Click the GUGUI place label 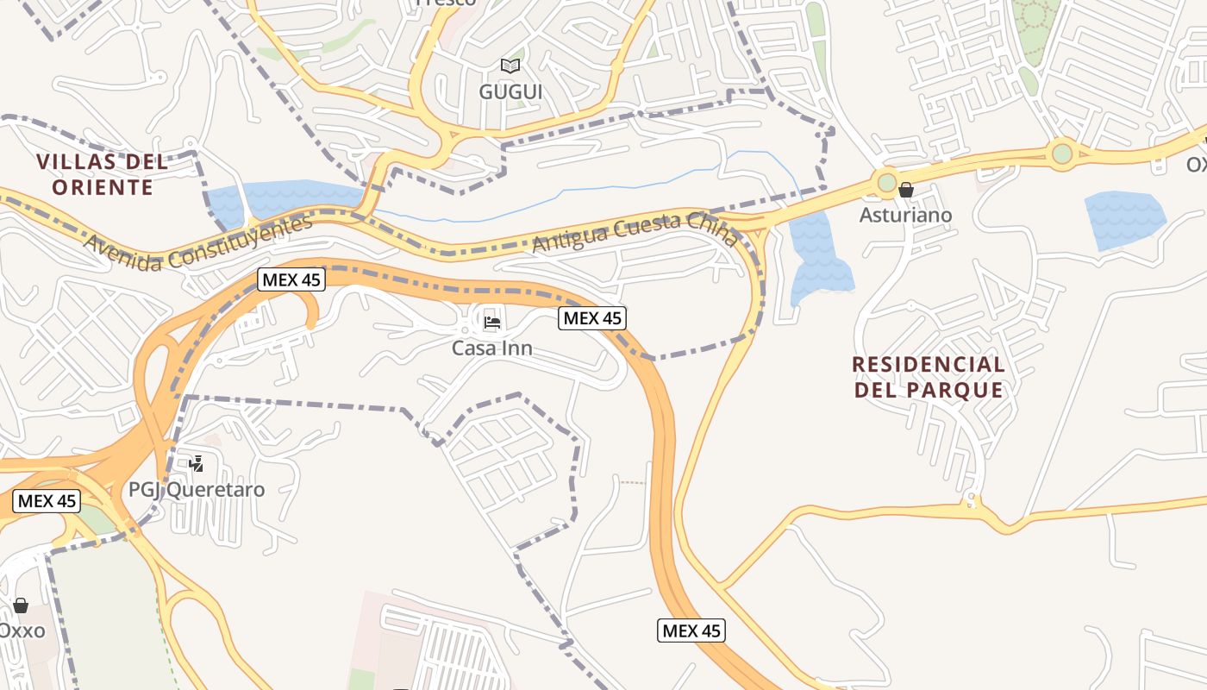coord(510,91)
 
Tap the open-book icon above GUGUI coord(510,66)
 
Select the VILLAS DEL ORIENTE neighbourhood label coord(103,174)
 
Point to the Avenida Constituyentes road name coord(197,243)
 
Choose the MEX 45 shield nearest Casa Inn coord(591,318)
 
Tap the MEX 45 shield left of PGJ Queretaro coord(47,501)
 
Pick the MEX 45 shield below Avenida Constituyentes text coord(291,279)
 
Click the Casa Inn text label coord(492,348)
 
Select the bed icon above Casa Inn coord(492,323)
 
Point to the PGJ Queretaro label coord(197,490)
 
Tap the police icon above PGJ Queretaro coord(197,464)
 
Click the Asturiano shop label coord(906,215)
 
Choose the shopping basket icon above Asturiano coord(906,190)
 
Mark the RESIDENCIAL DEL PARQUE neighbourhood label coord(929,377)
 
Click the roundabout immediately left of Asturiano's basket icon coord(886,183)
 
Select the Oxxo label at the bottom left coord(22,630)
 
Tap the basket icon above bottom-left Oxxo coord(21,605)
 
